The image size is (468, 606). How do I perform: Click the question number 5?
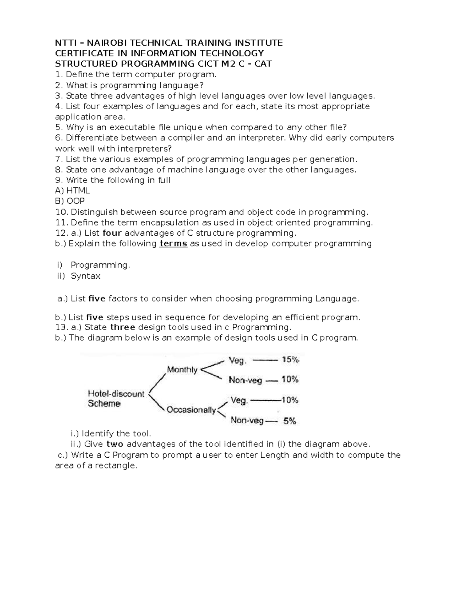click(x=58, y=127)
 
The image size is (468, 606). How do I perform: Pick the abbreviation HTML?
click(x=78, y=191)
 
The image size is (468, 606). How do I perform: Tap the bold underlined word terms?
click(x=174, y=244)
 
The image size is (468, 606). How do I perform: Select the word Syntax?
click(x=86, y=276)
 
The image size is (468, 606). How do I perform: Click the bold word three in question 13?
click(x=123, y=327)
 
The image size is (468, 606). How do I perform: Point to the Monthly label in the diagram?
click(x=182, y=370)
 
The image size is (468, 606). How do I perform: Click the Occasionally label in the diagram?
click(x=191, y=410)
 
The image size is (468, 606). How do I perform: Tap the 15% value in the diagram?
click(x=290, y=360)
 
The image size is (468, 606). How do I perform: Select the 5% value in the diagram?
click(x=290, y=421)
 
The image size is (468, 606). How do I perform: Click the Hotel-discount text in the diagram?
click(x=116, y=394)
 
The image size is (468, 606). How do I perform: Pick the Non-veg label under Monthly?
click(x=245, y=380)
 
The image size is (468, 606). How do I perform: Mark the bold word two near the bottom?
click(x=115, y=444)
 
